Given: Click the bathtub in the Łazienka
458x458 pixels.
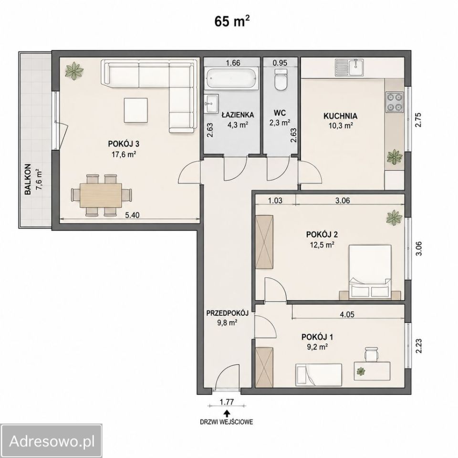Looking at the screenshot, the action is [x=232, y=78].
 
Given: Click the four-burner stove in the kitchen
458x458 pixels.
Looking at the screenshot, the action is [x=395, y=102].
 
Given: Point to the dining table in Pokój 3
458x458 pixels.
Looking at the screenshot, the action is [x=101, y=195].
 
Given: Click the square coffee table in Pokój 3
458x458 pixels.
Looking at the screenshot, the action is [x=136, y=110].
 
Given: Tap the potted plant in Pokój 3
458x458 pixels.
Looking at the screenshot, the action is [x=74, y=71].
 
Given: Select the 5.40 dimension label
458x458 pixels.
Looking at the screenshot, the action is [x=132, y=215].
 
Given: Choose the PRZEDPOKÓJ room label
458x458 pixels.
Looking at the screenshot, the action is [x=227, y=313].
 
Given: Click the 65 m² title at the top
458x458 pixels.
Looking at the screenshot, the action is [x=232, y=21].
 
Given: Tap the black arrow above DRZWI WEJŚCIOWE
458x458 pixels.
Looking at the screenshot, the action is [x=226, y=413].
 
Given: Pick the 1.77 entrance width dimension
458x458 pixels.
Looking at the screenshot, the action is [x=227, y=402].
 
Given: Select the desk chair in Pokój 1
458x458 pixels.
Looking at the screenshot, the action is [x=372, y=354].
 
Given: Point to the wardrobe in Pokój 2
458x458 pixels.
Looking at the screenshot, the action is [x=265, y=242].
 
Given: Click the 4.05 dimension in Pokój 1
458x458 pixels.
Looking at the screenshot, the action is [x=347, y=314].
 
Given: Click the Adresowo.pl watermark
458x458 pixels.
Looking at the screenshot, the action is [x=52, y=441].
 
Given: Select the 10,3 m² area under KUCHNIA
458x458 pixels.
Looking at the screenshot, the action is [x=340, y=125].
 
